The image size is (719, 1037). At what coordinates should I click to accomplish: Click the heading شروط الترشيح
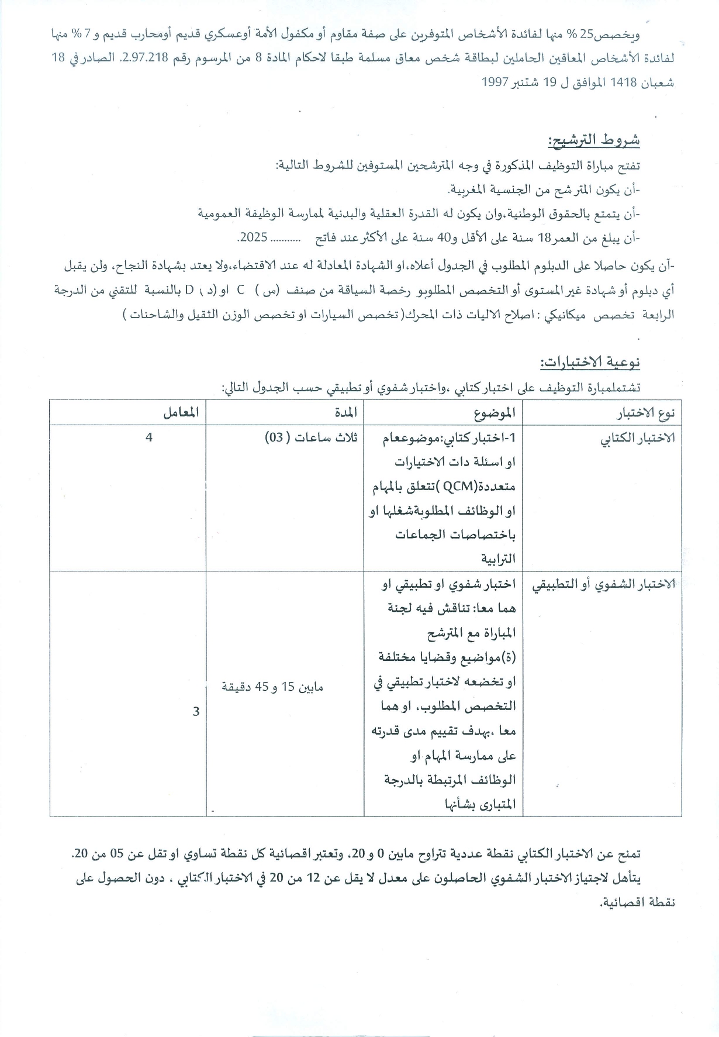[x=593, y=141]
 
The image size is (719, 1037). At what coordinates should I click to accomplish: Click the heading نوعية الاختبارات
[x=590, y=363]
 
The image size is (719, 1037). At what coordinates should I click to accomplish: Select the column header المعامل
[x=182, y=413]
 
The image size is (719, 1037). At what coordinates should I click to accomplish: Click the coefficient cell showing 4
[x=149, y=436]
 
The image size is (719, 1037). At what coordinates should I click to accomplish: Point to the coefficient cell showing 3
[x=196, y=711]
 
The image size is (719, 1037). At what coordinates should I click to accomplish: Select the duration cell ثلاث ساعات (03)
[x=313, y=437]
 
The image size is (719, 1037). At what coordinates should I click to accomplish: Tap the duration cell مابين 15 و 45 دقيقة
[x=272, y=687]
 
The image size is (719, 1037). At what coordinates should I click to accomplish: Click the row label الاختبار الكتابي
[x=638, y=439]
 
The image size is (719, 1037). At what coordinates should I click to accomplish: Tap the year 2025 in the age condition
[x=253, y=238]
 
